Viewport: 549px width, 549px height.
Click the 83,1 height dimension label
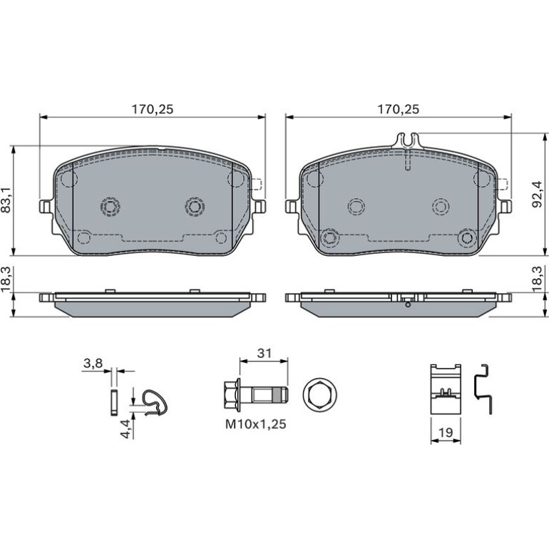[6, 200]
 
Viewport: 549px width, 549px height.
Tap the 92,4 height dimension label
[537, 195]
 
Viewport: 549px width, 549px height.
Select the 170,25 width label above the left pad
[153, 109]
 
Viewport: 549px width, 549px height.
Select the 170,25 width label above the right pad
[398, 109]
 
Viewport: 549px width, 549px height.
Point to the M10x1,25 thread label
[255, 424]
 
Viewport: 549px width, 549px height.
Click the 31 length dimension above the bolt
[264, 353]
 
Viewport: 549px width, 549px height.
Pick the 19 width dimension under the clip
[446, 432]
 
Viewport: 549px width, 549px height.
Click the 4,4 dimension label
[125, 429]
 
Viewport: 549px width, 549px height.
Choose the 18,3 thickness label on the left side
[6, 279]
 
